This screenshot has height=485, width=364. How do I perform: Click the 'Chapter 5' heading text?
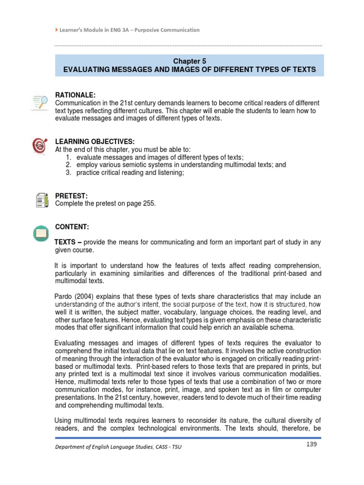(189, 61)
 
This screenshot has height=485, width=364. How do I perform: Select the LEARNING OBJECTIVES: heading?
(95, 142)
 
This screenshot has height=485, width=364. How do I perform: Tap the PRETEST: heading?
(70, 196)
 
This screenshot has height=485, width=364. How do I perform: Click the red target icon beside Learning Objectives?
(39, 145)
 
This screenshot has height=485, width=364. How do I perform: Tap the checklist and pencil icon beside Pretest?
(41, 200)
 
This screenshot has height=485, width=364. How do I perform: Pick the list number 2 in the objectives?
(68, 165)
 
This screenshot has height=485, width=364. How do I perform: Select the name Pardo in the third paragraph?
(64, 296)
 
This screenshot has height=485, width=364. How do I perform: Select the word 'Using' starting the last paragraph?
(64, 420)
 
